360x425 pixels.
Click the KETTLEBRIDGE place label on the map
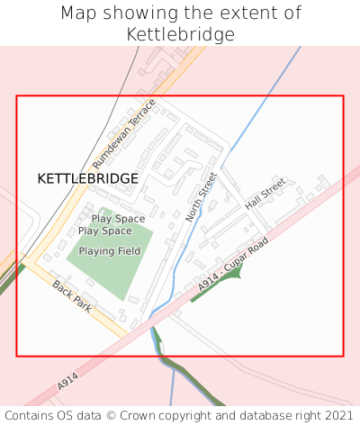(88, 178)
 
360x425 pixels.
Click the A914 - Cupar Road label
(234, 265)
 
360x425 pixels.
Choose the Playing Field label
(110, 251)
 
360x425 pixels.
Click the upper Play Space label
(118, 219)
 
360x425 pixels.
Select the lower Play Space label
(105, 231)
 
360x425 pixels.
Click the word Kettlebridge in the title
(180, 35)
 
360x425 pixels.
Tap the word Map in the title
(79, 14)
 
